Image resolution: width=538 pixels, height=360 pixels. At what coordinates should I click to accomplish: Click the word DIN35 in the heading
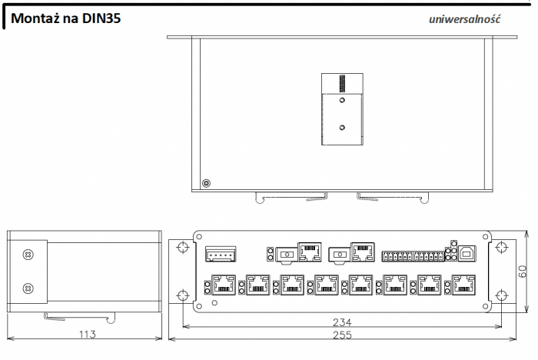click(101, 18)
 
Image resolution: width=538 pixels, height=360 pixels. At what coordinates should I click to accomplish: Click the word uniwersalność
click(464, 19)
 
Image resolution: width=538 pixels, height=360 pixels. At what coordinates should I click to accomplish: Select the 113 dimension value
click(88, 334)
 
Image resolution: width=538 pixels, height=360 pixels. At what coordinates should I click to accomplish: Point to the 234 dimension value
click(342, 322)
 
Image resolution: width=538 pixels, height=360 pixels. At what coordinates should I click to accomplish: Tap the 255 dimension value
click(343, 335)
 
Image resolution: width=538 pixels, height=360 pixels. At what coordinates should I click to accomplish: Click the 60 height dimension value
click(522, 272)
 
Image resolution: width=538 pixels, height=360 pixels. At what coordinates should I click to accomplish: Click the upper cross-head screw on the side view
click(28, 255)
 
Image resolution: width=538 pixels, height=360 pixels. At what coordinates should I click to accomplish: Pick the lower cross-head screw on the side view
click(28, 288)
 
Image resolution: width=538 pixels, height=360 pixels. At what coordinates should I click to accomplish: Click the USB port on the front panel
click(467, 254)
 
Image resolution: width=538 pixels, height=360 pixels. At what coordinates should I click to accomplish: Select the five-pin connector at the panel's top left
click(221, 254)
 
